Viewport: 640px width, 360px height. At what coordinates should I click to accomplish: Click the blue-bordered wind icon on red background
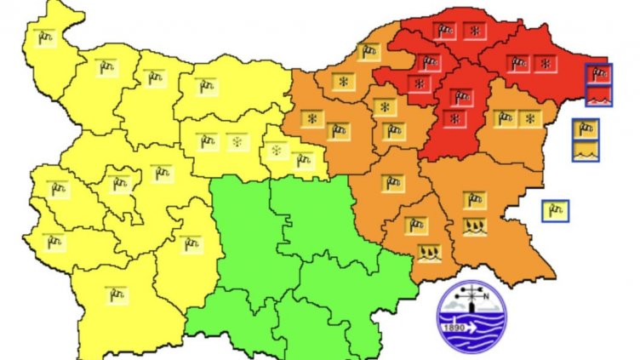coord(599,75)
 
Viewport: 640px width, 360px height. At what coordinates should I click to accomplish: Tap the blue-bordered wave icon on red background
coord(599,95)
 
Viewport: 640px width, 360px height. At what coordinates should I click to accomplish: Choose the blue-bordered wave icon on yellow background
coord(586,151)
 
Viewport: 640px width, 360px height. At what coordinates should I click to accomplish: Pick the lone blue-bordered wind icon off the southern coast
coord(556,209)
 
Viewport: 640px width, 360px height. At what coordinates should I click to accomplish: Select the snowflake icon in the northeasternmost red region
coord(546,63)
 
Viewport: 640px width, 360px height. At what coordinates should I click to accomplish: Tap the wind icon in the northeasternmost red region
coord(517,63)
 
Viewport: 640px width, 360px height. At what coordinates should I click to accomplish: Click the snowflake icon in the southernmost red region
coord(456,117)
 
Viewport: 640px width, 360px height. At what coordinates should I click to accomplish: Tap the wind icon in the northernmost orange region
coord(369,52)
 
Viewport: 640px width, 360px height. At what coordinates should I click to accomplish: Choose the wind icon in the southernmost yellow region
coord(116,294)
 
